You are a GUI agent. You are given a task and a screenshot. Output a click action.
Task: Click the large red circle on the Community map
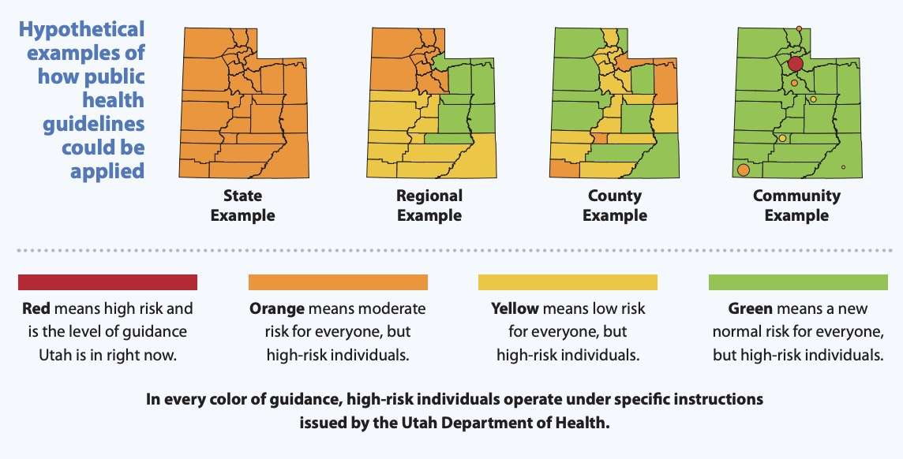tap(795, 64)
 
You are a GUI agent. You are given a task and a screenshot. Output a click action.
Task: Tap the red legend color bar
tap(107, 282)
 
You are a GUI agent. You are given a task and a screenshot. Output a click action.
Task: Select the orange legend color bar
tap(338, 282)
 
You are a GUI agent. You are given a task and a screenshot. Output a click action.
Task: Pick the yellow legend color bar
tap(568, 282)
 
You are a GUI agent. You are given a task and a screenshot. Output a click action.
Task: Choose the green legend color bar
tap(798, 282)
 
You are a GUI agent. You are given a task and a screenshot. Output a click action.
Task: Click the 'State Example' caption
tap(242, 205)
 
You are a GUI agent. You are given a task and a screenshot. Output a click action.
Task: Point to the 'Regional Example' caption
tap(429, 205)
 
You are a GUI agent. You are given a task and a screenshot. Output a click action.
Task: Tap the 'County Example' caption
tap(615, 205)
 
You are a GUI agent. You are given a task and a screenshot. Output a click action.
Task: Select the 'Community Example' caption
tap(796, 205)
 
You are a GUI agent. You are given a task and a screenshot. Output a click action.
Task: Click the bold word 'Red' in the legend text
tap(36, 308)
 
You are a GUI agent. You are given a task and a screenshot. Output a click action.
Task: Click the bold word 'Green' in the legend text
tap(750, 308)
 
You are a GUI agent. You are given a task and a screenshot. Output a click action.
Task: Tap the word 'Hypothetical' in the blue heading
tap(82, 30)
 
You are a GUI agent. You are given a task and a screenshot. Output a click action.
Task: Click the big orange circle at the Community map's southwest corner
tap(743, 170)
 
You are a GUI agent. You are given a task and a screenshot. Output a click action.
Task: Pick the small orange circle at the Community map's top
tap(799, 28)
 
